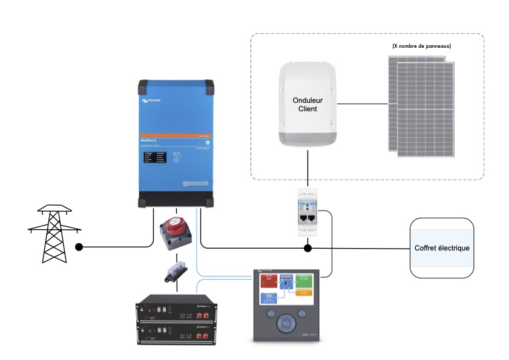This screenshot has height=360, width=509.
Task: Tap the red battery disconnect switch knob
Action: pyautogui.click(x=176, y=227)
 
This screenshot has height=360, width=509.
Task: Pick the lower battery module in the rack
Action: pyautogui.click(x=176, y=332)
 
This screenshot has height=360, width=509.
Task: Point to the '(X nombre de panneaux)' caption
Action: pyautogui.click(x=421, y=46)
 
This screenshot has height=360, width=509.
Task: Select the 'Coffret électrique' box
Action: pyautogui.click(x=441, y=248)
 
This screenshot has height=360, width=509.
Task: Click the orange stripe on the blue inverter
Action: pyautogui.click(x=174, y=134)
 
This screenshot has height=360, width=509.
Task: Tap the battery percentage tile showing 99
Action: pyautogui.click(x=269, y=298)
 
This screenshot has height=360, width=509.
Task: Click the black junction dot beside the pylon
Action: pyautogui.click(x=79, y=247)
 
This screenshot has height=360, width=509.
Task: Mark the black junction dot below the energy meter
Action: pyautogui.click(x=308, y=248)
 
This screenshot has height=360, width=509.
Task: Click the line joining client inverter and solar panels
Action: pyautogui.click(x=362, y=104)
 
